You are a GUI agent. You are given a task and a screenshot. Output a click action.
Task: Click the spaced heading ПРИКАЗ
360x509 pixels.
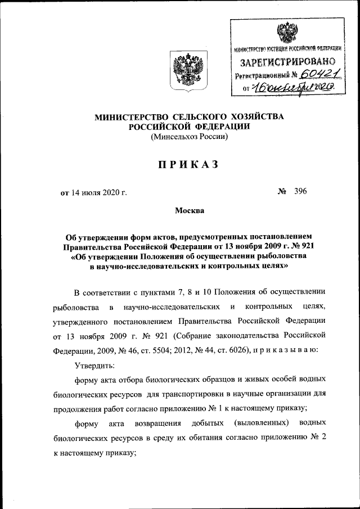coord(188,164)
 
